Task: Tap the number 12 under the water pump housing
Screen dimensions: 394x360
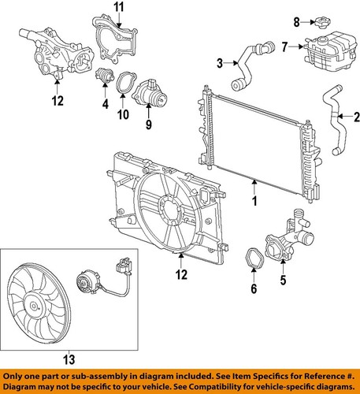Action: pos(58,101)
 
